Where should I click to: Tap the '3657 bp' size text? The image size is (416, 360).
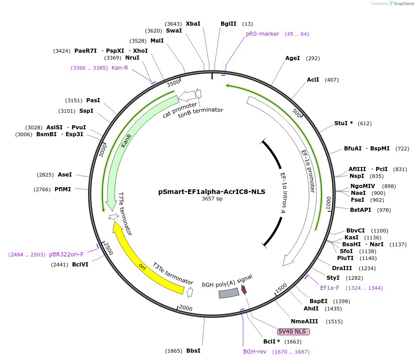tap(212, 199)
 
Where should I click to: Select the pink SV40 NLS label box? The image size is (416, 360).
tap(294, 332)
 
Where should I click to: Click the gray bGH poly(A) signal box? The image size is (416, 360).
tap(228, 293)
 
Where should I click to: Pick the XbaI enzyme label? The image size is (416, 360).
tap(193, 24)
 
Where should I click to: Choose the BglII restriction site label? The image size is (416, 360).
tap(228, 24)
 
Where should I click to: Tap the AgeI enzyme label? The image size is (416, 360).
tap(293, 58)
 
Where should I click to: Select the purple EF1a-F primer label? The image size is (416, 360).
tap(330, 288)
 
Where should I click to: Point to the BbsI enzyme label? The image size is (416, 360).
tap(193, 351)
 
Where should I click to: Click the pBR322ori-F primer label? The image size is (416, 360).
tap(67, 255)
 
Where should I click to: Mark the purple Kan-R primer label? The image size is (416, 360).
tap(120, 68)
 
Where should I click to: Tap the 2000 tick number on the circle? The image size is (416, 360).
tap(186, 308)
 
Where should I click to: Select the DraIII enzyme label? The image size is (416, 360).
tap(342, 268)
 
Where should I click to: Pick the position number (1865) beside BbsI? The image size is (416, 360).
tap(174, 351)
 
